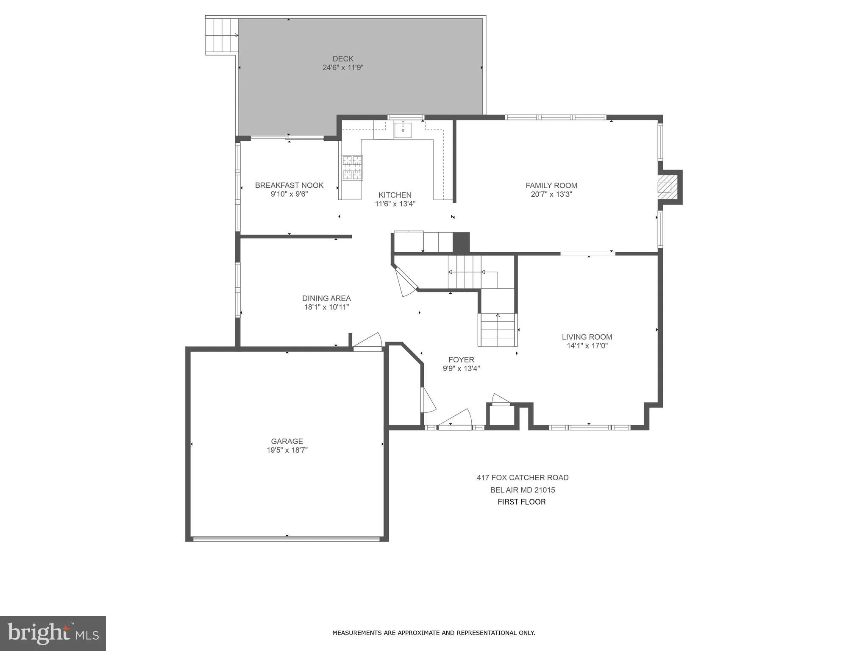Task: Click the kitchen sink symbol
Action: (403, 130)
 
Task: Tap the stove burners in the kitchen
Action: (353, 167)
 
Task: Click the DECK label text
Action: (343, 59)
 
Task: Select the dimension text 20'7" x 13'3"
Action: (551, 195)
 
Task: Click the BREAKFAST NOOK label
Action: (289, 185)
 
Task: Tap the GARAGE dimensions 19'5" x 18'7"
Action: (287, 450)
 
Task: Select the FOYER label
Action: (461, 360)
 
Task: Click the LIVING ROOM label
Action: (587, 337)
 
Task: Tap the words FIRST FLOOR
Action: (521, 502)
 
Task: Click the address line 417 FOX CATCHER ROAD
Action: (522, 478)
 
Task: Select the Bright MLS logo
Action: (53, 633)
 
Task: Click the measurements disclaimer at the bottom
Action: (434, 633)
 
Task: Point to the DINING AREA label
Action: (326, 298)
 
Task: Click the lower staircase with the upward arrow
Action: (498, 330)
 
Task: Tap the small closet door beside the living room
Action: (501, 400)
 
